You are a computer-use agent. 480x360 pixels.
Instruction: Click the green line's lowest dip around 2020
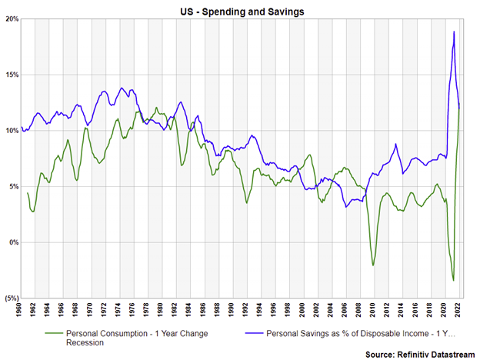(454, 280)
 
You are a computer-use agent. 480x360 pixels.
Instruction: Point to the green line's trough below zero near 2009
(373, 265)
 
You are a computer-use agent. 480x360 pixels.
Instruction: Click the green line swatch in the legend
(55, 335)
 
